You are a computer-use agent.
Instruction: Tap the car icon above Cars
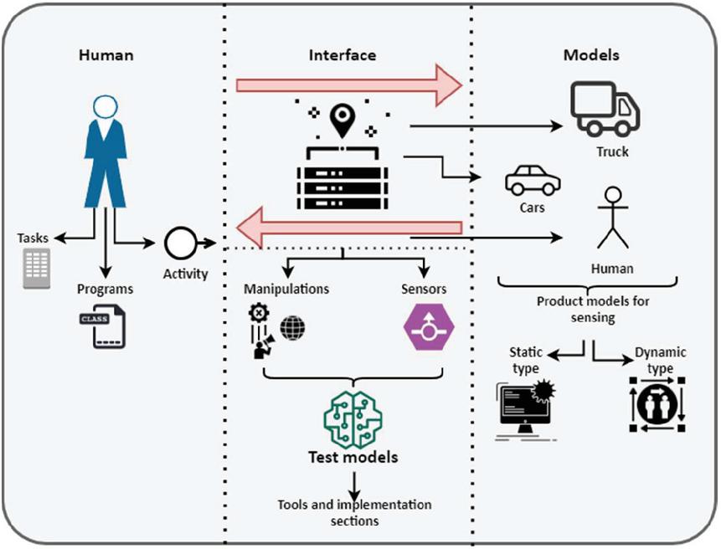533,179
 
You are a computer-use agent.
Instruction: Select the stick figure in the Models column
613,218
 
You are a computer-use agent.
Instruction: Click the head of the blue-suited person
105,108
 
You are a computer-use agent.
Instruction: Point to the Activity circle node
179,244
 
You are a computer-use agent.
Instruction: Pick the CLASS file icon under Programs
102,327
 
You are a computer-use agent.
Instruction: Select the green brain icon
353,416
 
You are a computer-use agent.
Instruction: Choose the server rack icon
342,183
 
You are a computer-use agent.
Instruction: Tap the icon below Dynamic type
657,404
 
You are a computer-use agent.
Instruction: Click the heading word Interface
342,55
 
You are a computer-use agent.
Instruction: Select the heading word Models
591,55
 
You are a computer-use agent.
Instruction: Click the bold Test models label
352,458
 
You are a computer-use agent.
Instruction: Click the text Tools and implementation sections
355,512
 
